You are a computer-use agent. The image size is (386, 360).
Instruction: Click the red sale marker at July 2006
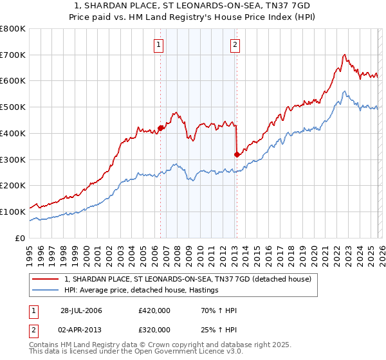160,127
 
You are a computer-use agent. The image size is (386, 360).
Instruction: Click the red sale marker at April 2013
237,154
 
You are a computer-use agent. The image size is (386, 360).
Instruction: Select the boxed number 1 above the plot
159,44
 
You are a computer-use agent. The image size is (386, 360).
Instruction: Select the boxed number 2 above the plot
235,44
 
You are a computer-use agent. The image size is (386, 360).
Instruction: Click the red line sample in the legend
46,279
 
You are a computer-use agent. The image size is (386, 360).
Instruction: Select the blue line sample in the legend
46,291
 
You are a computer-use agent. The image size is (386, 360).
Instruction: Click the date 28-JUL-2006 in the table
81,310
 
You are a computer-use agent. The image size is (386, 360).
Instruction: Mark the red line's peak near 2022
345,55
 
